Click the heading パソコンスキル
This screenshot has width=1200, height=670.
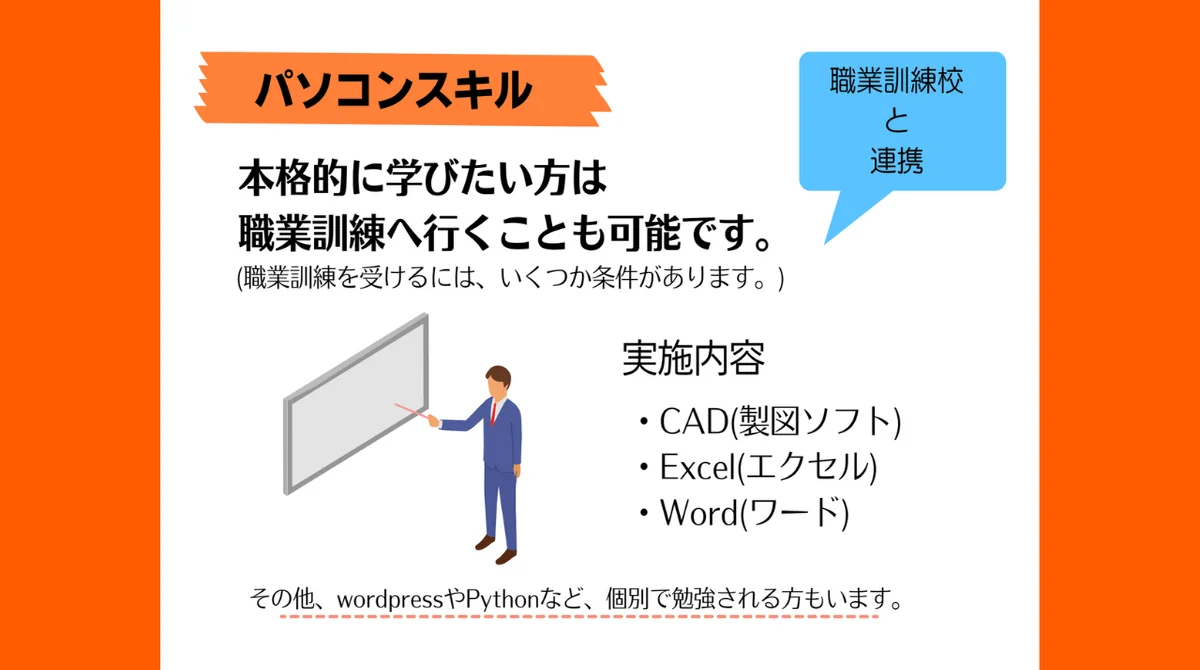394,89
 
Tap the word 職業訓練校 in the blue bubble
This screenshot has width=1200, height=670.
897,81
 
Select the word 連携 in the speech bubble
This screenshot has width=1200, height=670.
897,160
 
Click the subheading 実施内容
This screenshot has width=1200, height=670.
693,358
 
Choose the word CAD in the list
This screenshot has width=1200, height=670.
694,421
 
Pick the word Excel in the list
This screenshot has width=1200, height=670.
698,467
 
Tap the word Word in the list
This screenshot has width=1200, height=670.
699,513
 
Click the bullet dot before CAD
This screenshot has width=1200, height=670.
644,421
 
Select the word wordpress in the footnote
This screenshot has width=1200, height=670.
390,600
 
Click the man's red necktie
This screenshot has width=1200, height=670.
493,413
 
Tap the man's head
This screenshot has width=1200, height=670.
498,381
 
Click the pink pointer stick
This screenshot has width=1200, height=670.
411,411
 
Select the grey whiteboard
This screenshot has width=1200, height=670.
356,404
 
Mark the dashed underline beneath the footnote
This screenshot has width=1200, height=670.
579,617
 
